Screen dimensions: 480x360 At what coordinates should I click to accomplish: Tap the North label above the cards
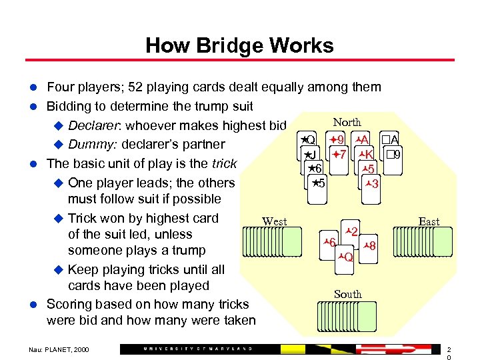click(347, 122)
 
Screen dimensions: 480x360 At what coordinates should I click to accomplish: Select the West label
click(275, 221)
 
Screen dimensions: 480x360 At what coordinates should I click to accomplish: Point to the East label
click(429, 221)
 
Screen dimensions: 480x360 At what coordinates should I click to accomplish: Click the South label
click(347, 294)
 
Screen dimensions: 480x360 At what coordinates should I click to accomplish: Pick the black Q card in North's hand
click(308, 141)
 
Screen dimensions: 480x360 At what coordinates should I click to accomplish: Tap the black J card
click(311, 156)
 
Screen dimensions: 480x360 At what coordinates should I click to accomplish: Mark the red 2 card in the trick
click(351, 232)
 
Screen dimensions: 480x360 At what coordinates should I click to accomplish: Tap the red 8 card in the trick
click(371, 245)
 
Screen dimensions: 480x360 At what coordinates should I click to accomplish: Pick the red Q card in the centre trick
click(345, 255)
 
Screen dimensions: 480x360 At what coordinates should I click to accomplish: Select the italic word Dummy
click(90, 145)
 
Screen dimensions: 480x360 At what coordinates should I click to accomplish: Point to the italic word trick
click(223, 163)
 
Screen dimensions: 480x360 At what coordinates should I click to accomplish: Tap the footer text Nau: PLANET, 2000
click(59, 349)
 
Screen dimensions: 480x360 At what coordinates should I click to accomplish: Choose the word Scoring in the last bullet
click(70, 304)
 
